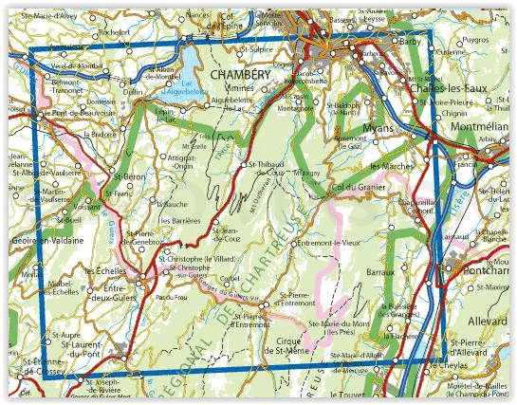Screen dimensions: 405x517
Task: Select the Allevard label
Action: tap(489, 297)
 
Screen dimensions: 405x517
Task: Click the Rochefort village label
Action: tap(114, 31)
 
